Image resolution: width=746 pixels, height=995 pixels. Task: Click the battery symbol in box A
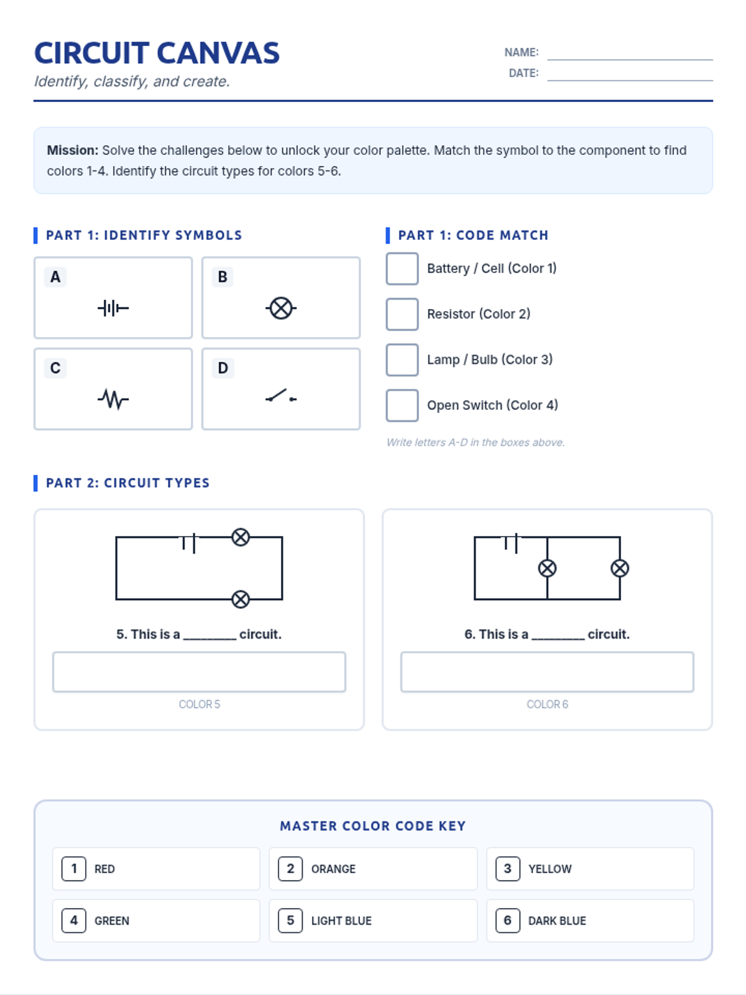coord(113,308)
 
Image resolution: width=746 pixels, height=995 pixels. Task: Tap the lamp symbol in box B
coord(281,308)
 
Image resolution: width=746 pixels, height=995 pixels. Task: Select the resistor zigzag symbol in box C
coord(113,399)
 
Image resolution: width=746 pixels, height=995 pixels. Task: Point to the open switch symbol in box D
coord(281,396)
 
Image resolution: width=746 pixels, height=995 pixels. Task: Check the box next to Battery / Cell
coord(402,269)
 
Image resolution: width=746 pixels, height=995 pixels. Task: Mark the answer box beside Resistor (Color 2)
coord(402,314)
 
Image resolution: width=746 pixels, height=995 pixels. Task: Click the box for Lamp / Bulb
coord(402,360)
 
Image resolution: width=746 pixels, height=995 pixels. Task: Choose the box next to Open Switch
coord(402,405)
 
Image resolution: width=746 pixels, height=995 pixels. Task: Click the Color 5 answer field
coord(199,672)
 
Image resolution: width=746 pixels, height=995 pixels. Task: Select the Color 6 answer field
coord(546,672)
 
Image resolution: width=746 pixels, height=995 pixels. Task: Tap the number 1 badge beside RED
coord(73,869)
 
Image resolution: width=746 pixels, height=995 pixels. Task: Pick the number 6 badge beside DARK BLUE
coord(507,920)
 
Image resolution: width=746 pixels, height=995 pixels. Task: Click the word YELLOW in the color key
coord(550,869)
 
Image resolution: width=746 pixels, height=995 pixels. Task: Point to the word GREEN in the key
coord(112,920)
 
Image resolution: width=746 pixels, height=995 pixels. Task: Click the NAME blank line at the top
coord(630,59)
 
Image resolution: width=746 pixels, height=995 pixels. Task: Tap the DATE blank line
coord(630,80)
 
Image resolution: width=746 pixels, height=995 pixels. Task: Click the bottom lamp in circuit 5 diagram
coord(241,599)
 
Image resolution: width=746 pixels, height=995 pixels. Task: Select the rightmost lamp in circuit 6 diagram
coord(620,568)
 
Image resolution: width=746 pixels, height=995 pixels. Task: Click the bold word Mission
coord(73,150)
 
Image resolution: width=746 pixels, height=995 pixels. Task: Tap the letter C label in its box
coord(55,368)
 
